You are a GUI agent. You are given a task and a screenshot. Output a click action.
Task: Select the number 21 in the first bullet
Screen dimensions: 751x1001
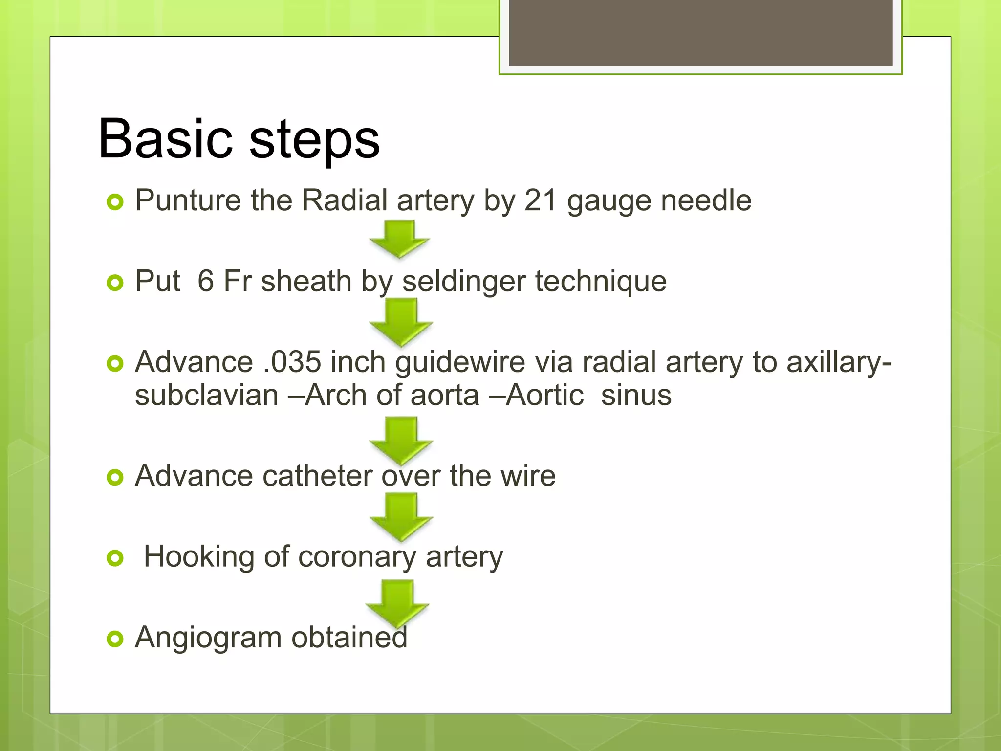click(x=541, y=200)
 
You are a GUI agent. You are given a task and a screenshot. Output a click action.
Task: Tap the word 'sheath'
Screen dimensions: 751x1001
click(x=306, y=282)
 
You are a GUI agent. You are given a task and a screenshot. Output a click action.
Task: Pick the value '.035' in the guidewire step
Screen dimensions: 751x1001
click(x=292, y=362)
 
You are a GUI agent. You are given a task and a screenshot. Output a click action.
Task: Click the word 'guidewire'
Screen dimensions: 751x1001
click(x=460, y=362)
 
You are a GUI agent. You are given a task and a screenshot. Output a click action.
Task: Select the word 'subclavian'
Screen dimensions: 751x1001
click(x=206, y=395)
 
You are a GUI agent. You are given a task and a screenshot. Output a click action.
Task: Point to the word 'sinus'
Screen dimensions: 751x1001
click(x=636, y=395)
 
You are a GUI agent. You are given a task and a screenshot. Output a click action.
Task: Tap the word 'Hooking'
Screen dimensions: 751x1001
click(x=199, y=557)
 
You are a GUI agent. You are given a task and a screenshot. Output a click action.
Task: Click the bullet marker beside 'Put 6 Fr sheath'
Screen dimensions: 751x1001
click(x=115, y=283)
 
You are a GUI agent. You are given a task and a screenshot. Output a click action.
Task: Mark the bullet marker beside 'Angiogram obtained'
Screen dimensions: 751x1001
click(x=115, y=639)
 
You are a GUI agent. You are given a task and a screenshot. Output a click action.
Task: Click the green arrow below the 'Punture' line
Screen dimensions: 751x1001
click(x=400, y=238)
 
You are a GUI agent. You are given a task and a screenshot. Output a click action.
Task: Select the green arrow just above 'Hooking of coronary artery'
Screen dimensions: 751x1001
click(x=401, y=516)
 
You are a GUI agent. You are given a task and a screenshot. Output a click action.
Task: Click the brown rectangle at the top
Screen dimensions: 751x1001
click(x=700, y=32)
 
